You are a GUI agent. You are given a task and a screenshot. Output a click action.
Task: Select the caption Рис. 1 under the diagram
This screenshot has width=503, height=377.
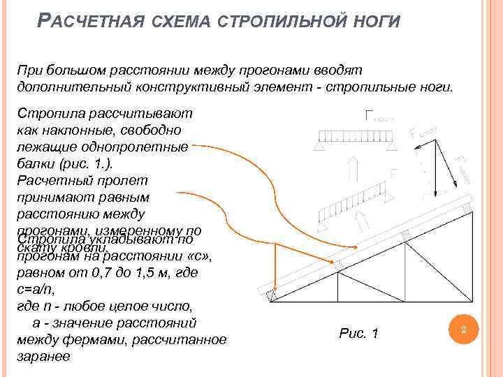358,334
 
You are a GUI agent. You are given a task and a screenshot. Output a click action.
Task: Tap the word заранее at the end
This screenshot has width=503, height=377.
44,356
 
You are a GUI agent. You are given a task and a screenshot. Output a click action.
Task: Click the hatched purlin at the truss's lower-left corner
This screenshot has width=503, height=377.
272,296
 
